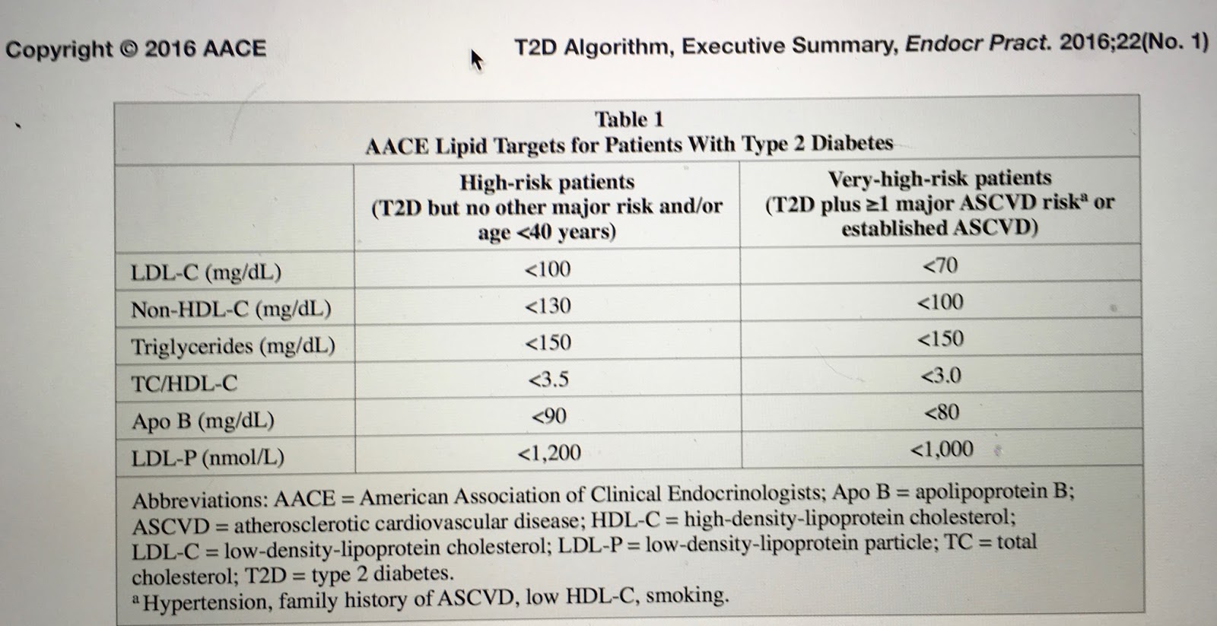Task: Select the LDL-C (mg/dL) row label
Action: coord(206,272)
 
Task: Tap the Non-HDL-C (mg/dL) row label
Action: coord(231,309)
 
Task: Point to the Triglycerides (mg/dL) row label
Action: coord(233,346)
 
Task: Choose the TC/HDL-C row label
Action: coord(184,383)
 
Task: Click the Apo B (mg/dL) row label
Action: coord(202,421)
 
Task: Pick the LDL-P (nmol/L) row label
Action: coord(208,457)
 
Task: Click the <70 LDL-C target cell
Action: coord(940,265)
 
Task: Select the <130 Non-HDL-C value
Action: coord(548,306)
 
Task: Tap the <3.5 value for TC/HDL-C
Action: coord(548,379)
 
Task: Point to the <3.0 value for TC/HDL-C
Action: coord(941,376)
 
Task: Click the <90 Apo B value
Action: coord(548,416)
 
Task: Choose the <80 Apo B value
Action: coord(941,412)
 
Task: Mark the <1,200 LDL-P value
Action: coord(548,453)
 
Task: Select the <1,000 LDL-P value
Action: coord(941,450)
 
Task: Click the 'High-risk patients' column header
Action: coord(547,183)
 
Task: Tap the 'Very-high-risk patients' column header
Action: coord(939,179)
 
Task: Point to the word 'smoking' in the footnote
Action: coord(686,596)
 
